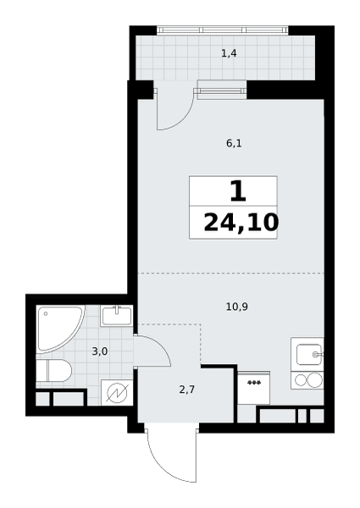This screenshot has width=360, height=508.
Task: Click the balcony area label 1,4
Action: (229, 53)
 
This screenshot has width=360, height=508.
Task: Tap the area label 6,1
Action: (234, 143)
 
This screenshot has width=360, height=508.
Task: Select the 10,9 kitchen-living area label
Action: (237, 306)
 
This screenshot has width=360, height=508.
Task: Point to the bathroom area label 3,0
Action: (100, 351)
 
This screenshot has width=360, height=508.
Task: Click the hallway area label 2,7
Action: (187, 389)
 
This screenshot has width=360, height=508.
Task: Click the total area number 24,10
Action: (241, 223)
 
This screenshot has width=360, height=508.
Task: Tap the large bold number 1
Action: (238, 191)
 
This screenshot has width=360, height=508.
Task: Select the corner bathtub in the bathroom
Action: (60, 329)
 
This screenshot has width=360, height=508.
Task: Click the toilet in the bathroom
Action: (53, 370)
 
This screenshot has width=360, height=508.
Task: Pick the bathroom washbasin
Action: (116, 316)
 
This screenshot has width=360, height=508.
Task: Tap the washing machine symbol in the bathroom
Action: (117, 392)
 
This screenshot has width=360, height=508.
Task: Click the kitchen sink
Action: (309, 355)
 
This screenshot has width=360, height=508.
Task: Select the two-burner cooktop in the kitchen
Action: (307, 380)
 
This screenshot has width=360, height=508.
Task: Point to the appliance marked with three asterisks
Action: (254, 388)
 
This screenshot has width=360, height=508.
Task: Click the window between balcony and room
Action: (222, 90)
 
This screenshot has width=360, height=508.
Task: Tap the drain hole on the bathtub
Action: (46, 313)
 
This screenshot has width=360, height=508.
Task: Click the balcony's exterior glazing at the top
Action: (223, 30)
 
